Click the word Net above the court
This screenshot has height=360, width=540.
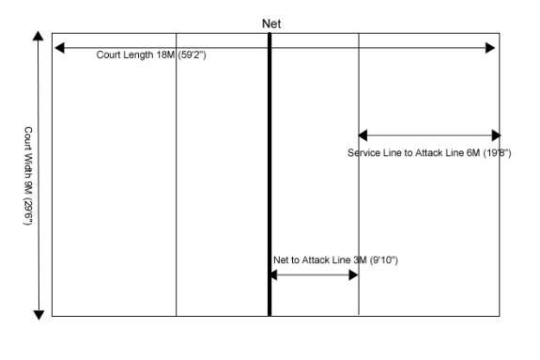click(x=270, y=23)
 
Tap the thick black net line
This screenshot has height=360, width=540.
click(x=270, y=179)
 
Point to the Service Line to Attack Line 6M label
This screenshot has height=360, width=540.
click(x=428, y=153)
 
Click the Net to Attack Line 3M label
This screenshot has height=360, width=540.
click(x=335, y=259)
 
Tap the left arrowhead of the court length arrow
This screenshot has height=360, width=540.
click(x=59, y=47)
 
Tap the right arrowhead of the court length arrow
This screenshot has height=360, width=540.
click(x=490, y=47)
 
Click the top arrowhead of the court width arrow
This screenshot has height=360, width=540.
click(x=39, y=38)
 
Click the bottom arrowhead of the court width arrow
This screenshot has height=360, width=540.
click(x=39, y=313)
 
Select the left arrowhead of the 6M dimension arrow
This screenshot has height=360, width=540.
click(x=364, y=135)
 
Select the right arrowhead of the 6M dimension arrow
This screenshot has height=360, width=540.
click(x=495, y=135)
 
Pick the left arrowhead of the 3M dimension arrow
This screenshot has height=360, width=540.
click(x=275, y=274)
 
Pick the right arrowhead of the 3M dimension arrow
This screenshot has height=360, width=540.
click(x=352, y=274)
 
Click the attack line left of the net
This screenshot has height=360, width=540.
click(x=176, y=188)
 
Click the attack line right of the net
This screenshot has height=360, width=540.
click(x=359, y=207)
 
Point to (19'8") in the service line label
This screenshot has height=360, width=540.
click(x=496, y=153)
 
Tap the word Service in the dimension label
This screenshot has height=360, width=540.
click(x=364, y=153)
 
